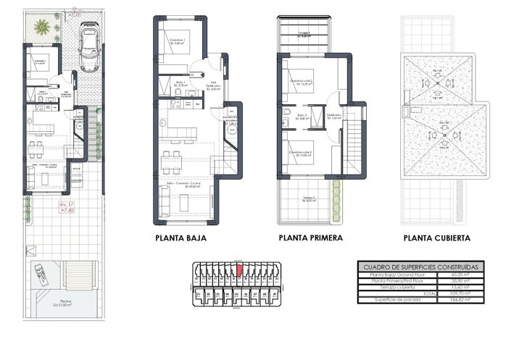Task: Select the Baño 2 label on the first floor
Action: pyautogui.click(x=302, y=116)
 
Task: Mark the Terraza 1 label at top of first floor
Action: pyautogui.click(x=304, y=33)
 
